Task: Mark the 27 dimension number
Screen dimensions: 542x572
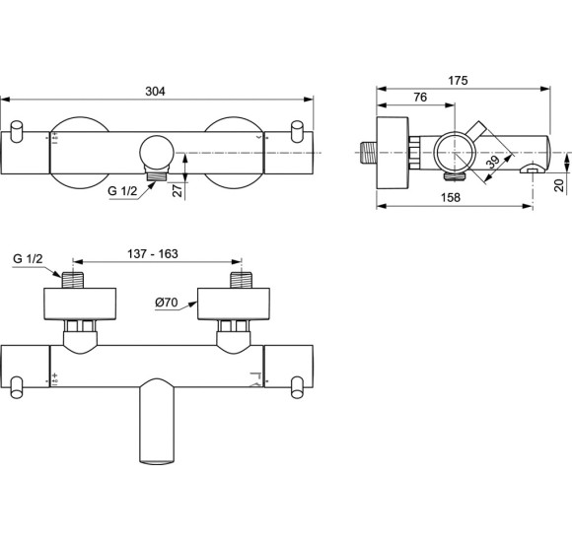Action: [176, 189]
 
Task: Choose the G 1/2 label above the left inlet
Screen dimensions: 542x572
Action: [30, 258]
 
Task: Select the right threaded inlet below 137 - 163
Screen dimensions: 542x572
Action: [237, 280]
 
